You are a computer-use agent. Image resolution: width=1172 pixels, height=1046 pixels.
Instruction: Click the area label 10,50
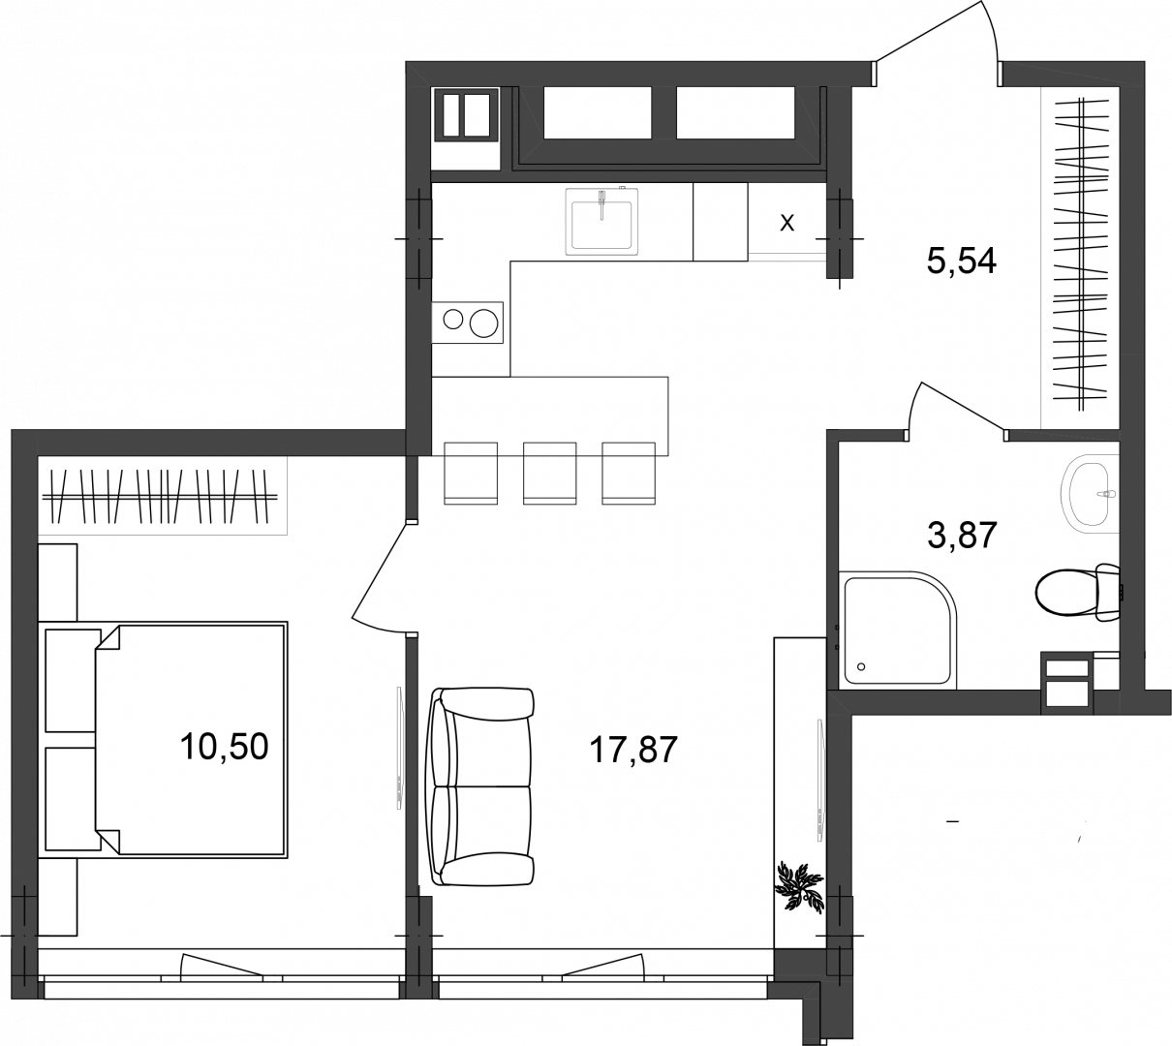point(225,747)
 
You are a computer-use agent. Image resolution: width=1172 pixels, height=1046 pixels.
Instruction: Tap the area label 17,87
point(632,751)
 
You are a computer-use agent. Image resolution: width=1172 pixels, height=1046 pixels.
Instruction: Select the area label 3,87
point(962,535)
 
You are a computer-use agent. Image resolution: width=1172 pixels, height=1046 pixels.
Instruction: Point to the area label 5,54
point(962,261)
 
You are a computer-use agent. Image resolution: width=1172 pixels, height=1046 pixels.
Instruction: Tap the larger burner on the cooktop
point(483,323)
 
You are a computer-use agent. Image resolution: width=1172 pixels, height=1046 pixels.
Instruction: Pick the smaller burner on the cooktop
point(453,320)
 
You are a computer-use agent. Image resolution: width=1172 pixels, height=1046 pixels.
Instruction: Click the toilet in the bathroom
point(1078,593)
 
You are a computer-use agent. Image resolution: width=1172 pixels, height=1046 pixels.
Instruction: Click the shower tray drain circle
point(861,667)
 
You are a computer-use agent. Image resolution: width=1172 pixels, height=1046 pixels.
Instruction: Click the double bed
point(191,738)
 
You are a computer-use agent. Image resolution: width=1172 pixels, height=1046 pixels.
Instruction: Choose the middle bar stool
point(549,474)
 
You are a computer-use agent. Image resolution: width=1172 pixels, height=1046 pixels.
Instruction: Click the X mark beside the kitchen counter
point(786,223)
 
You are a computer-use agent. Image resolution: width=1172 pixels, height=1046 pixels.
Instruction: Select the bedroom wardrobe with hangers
point(163,496)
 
